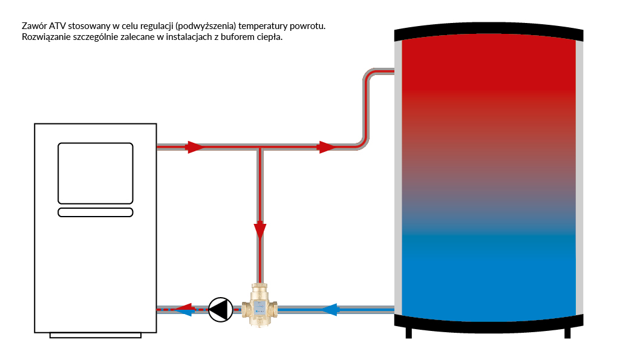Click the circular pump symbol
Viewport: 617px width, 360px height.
click(220, 309)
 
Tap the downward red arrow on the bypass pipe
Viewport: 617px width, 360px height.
click(260, 230)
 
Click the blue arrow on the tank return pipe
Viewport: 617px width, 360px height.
click(329, 310)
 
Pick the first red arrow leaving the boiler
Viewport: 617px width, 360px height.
click(195, 147)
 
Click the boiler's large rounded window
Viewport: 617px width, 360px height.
click(95, 173)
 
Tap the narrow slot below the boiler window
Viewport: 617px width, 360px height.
click(95, 212)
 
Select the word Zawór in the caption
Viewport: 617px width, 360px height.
click(33, 27)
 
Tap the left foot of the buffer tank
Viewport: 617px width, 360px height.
click(409, 332)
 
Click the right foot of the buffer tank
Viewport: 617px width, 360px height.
click(568, 332)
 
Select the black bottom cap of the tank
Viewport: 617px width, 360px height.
click(489, 322)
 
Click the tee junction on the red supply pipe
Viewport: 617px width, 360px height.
click(260, 147)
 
